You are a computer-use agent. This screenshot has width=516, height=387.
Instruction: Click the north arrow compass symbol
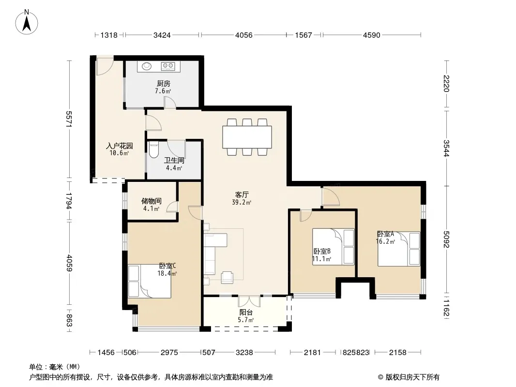(x=27, y=22)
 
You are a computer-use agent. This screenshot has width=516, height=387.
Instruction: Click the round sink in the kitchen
(x=147, y=66)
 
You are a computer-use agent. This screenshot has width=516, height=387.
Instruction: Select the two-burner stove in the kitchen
(x=168, y=66)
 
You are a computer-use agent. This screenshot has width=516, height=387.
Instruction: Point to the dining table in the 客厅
(x=247, y=137)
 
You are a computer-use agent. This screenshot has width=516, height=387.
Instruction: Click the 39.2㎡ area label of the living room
(x=241, y=203)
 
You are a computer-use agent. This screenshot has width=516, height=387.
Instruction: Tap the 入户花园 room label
(x=120, y=145)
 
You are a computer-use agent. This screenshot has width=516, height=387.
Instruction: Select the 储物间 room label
(x=152, y=201)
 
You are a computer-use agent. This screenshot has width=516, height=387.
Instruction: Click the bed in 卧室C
(x=150, y=281)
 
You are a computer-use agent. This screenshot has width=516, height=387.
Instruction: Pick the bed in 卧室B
(x=334, y=247)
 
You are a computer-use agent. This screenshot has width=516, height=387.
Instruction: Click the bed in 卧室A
(x=399, y=249)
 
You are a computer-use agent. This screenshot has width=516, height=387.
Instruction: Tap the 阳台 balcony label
(x=246, y=313)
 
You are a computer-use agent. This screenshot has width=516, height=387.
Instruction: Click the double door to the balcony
(x=249, y=301)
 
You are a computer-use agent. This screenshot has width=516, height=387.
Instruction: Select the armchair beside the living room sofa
(x=227, y=277)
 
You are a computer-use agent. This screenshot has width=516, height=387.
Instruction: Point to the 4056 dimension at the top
(x=244, y=35)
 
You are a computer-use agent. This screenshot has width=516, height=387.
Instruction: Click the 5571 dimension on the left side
(x=69, y=119)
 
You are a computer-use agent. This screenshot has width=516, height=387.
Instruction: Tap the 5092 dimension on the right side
(x=446, y=239)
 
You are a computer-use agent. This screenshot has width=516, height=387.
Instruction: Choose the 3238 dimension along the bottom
(x=244, y=353)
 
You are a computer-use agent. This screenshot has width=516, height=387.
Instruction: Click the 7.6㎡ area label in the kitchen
(x=163, y=91)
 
